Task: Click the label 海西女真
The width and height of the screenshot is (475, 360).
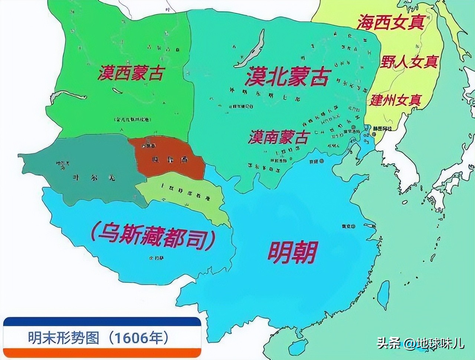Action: (390, 23)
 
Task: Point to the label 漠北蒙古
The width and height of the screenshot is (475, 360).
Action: (288, 77)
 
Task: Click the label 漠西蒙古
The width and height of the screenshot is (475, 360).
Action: (131, 73)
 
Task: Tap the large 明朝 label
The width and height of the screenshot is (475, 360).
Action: (292, 252)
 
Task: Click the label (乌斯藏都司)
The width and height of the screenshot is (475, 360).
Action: (153, 237)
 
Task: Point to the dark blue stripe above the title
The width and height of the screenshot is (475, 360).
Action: (102, 321)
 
